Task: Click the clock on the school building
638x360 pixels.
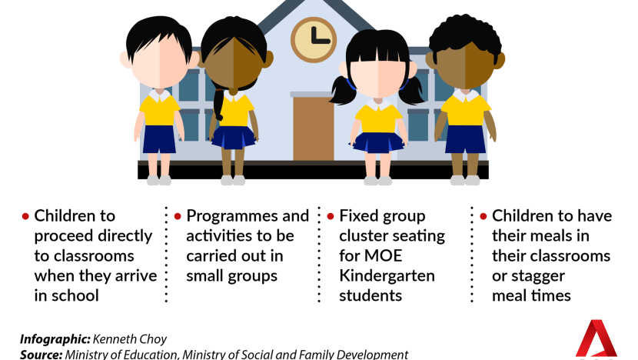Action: coord(314,39)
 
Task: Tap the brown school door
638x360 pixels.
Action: coord(314,128)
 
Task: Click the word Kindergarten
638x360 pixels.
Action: coord(387,276)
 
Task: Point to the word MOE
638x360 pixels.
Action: coord(383,255)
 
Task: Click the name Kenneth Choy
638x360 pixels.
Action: coord(130,339)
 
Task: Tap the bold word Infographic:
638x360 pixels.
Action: coord(55,339)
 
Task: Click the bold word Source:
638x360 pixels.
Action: coord(41,355)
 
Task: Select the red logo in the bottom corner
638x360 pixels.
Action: coord(596,340)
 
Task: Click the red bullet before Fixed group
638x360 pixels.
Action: coord(331,216)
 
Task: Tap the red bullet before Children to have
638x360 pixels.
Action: coord(483,216)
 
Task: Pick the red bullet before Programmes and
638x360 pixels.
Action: coord(178,216)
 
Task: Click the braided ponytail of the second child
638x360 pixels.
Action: coord(219,105)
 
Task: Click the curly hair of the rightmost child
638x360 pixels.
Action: coord(465,33)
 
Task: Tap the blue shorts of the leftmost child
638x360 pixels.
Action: coord(159,139)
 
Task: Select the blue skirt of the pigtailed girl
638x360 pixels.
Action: coord(378,142)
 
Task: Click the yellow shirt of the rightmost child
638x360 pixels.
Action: coord(466,109)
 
